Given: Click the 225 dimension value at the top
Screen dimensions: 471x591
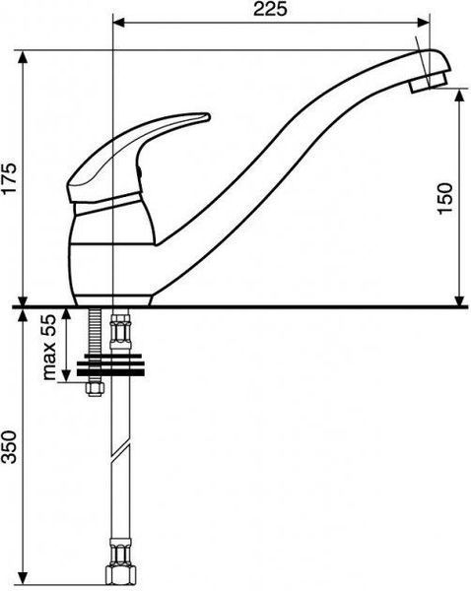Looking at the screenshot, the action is [270, 9].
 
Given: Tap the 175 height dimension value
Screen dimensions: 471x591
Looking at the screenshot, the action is [9, 178].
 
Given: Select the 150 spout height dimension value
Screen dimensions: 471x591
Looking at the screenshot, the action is [445, 198].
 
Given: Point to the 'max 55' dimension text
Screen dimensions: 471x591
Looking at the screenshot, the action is [49, 347].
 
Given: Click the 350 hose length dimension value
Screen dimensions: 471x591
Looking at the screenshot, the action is [9, 447].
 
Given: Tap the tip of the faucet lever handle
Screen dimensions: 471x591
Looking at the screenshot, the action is [208, 116].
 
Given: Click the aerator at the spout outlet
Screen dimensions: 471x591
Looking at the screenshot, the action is [429, 83].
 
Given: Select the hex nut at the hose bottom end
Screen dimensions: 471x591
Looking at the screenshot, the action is [120, 574].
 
